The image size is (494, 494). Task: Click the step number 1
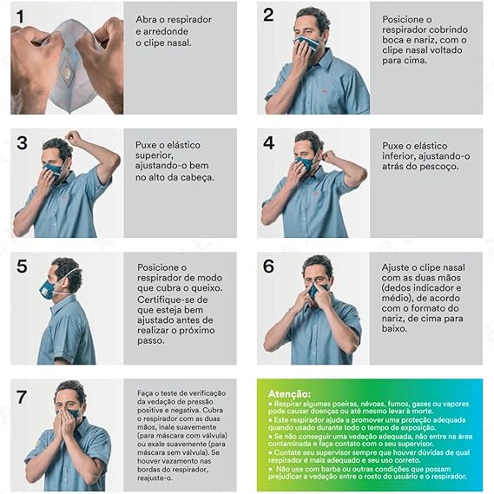20,16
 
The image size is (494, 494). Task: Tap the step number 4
269,143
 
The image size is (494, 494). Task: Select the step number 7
21,397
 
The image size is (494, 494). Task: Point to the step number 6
269,267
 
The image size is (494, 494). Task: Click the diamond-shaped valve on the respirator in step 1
67,71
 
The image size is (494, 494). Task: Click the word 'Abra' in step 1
146,19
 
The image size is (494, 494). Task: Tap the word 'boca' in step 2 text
393,40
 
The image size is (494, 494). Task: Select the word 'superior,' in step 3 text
155,155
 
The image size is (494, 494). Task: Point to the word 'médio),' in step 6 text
397,298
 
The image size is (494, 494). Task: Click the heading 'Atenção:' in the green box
289,394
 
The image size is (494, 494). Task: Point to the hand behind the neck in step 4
328,156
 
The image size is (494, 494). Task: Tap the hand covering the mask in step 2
300,56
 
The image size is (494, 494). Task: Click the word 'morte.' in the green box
422,412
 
